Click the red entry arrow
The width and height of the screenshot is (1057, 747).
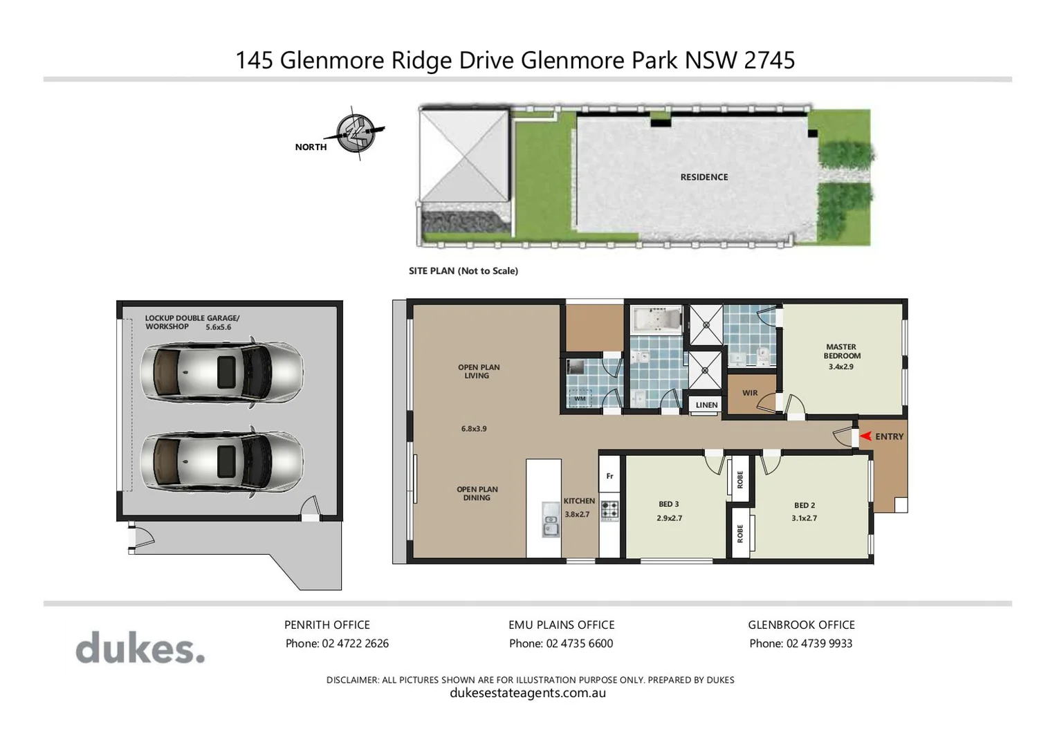(865, 436)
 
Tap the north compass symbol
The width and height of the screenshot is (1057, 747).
(356, 133)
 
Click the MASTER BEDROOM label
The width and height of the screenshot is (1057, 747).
(841, 351)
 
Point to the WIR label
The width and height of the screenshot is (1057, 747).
(750, 393)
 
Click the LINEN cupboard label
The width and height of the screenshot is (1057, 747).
(706, 405)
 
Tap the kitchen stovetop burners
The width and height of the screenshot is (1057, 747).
(609, 510)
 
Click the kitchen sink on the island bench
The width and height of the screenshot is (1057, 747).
(551, 519)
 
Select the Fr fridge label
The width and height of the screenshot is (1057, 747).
(609, 476)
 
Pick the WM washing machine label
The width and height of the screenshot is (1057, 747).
(580, 398)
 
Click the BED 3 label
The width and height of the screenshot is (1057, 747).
(668, 504)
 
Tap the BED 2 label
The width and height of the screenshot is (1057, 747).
(804, 506)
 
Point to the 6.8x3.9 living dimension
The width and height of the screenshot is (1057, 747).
(474, 429)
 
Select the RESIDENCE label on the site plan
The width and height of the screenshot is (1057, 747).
(704, 177)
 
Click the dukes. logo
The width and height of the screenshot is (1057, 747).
(140, 649)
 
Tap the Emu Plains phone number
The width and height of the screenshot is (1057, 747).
(579, 643)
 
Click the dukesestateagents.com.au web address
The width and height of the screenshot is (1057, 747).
(528, 693)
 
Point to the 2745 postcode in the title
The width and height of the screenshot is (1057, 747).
(769, 60)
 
